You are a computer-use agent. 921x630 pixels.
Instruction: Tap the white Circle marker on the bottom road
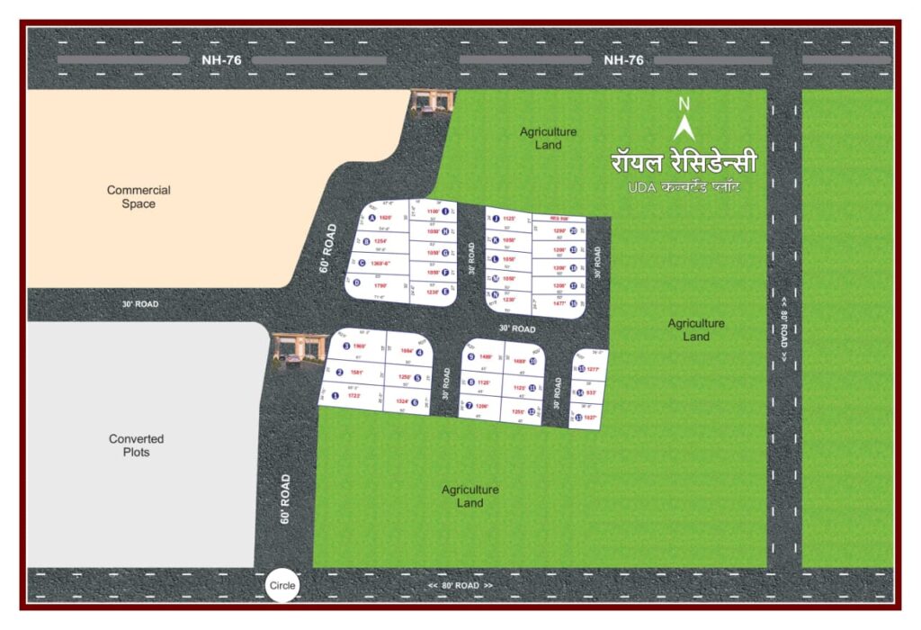coord(282,587)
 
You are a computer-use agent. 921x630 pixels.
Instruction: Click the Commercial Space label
coord(139,197)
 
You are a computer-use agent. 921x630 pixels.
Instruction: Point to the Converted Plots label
coord(137,445)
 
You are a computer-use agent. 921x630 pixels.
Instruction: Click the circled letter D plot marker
coord(357,283)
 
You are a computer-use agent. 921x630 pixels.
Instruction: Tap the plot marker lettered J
coord(495,219)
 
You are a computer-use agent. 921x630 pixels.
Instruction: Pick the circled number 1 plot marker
coord(335,395)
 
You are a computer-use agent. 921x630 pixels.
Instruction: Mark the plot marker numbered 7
coord(469,406)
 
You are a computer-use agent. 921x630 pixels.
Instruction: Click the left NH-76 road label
coord(212,60)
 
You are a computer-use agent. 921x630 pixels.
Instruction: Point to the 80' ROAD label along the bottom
coord(460,586)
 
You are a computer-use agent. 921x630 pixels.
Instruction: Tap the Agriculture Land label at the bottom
coord(469,496)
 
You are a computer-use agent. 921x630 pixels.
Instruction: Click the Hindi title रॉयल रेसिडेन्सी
coord(684,163)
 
